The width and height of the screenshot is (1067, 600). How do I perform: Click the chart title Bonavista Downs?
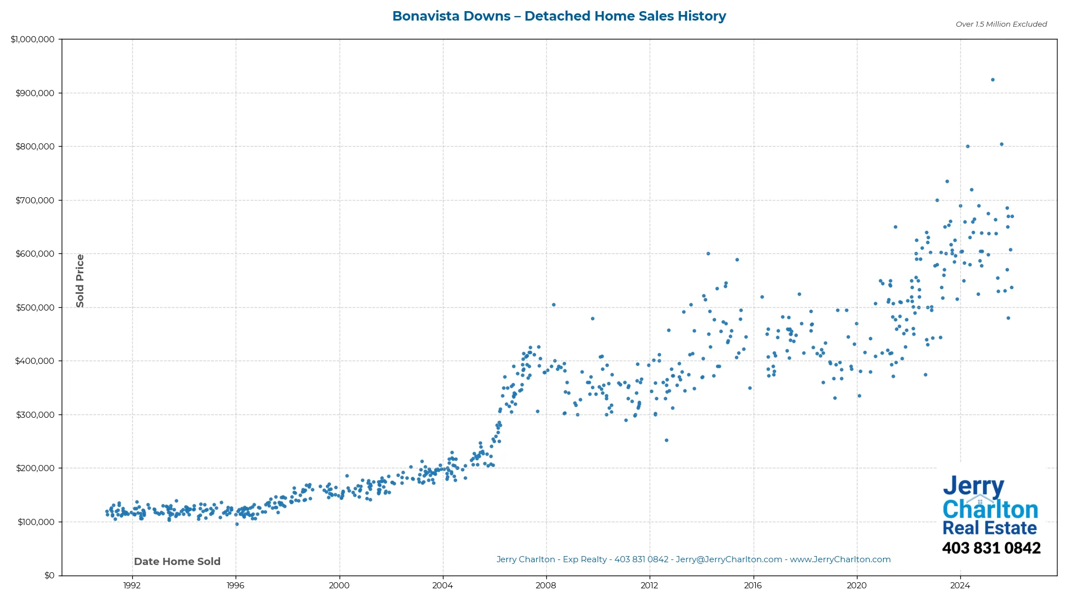[x=559, y=16]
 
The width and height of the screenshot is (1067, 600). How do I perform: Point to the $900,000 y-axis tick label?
[x=35, y=93]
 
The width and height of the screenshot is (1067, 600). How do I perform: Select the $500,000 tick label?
[x=35, y=307]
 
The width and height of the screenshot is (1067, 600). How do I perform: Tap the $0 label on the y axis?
[x=49, y=575]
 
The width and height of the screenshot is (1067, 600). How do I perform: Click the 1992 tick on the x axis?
[x=132, y=585]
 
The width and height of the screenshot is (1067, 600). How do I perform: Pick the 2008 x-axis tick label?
[x=546, y=585]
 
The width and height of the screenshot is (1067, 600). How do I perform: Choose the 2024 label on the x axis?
[x=960, y=585]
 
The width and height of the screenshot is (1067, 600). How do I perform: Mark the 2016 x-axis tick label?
[x=753, y=585]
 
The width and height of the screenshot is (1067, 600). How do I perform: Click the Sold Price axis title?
[x=80, y=281]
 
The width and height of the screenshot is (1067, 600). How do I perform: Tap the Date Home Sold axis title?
[x=177, y=562]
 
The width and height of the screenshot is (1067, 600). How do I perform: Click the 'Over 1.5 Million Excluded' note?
[x=1001, y=24]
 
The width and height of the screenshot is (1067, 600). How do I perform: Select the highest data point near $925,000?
[x=993, y=80]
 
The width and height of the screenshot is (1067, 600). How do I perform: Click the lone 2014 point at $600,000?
[x=708, y=254]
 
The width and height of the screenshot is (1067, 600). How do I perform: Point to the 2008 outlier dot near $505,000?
[x=554, y=305]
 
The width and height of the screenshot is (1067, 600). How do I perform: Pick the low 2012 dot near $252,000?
[x=666, y=441]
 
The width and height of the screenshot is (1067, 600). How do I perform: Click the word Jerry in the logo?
[x=973, y=486]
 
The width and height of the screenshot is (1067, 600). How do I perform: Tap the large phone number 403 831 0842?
[x=991, y=548]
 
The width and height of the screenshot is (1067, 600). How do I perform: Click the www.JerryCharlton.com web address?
[x=840, y=559]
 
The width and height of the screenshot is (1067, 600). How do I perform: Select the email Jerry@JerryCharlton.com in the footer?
[x=729, y=559]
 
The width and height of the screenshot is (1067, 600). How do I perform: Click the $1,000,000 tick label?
[x=33, y=39]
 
